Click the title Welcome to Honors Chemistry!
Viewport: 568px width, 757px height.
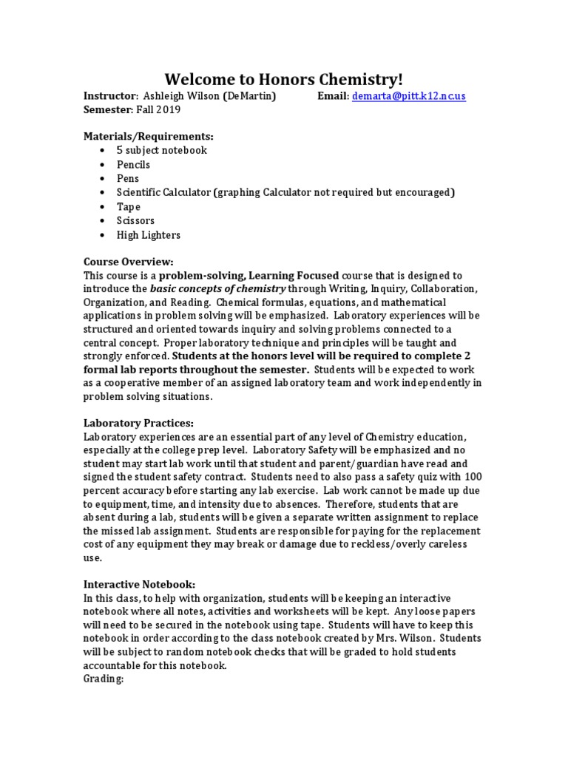point(284,79)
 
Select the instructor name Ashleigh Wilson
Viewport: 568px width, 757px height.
point(182,96)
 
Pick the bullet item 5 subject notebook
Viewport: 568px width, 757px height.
point(161,150)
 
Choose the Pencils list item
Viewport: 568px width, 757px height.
point(133,164)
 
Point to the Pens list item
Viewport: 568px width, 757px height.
point(127,178)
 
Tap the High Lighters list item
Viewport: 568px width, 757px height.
point(148,235)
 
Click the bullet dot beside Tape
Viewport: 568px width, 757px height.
point(101,207)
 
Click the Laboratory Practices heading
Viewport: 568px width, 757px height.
point(139,423)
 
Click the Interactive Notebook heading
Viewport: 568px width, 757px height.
point(139,584)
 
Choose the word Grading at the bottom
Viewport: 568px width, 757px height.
point(103,679)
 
